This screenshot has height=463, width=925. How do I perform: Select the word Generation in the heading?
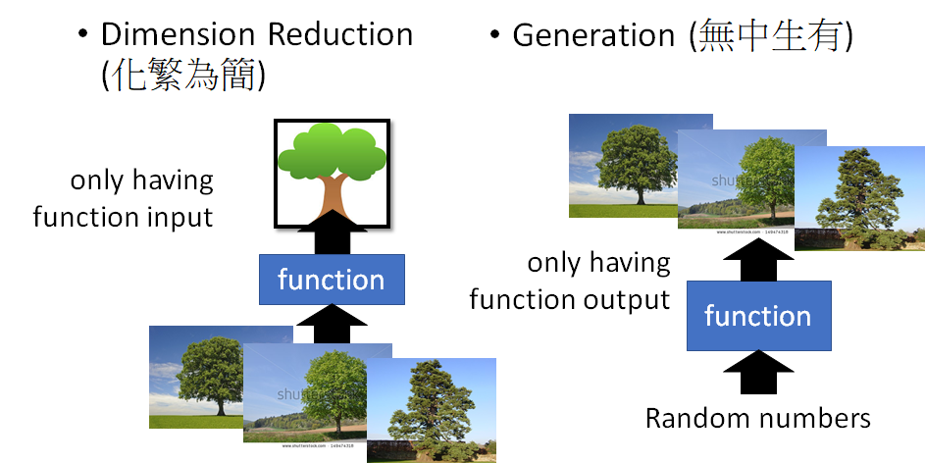click(x=593, y=36)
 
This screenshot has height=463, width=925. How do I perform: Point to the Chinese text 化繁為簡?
click(x=183, y=77)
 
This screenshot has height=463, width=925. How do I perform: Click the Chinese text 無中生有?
click(x=770, y=36)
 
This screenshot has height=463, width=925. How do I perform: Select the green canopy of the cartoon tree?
click(x=331, y=152)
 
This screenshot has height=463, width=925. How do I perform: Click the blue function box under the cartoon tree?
click(x=331, y=280)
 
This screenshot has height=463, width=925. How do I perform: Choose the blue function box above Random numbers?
click(x=757, y=316)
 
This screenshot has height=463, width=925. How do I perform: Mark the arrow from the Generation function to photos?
click(x=757, y=263)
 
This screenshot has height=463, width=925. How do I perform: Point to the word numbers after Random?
click(x=814, y=419)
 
